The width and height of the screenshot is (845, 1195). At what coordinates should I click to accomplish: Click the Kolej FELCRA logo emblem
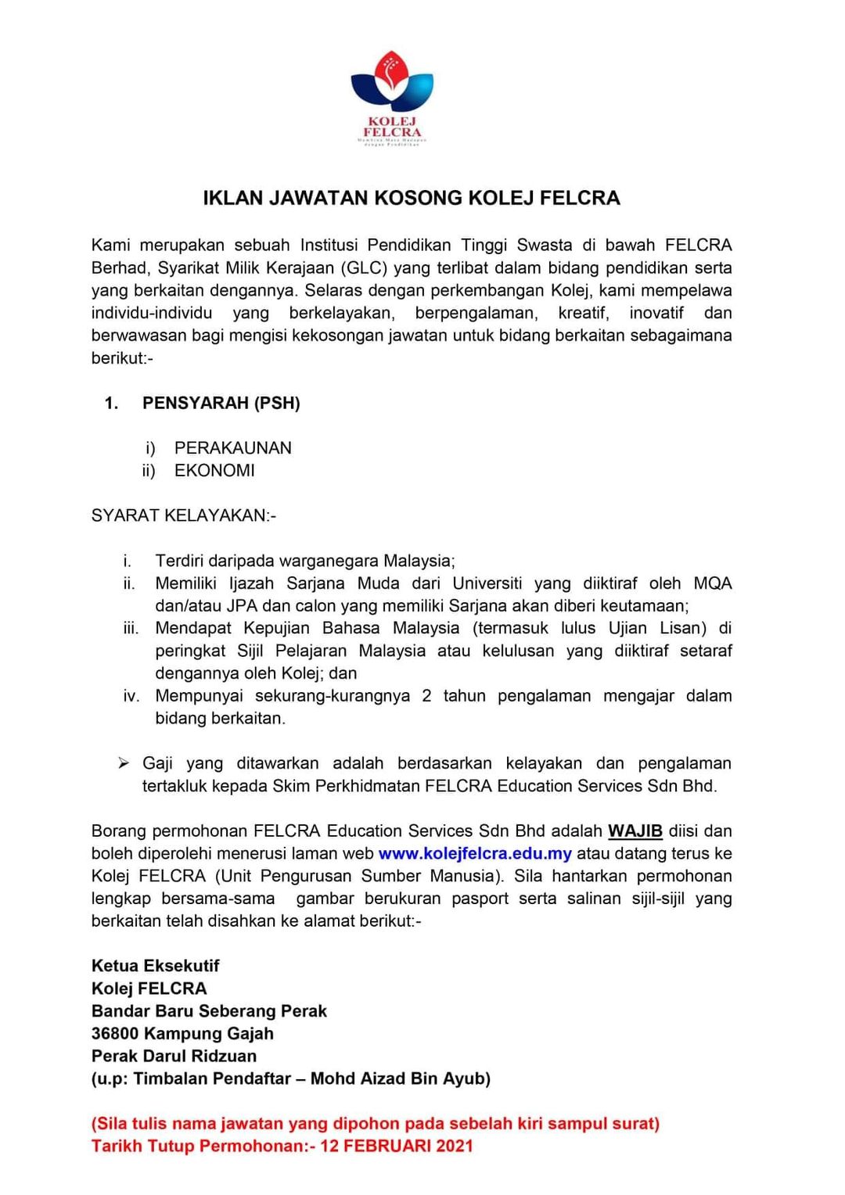click(x=392, y=83)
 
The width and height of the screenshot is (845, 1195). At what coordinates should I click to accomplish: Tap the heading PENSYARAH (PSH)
click(x=221, y=403)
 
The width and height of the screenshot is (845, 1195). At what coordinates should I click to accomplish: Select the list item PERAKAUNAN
click(x=232, y=448)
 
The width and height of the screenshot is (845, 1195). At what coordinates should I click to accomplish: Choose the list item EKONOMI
click(x=214, y=471)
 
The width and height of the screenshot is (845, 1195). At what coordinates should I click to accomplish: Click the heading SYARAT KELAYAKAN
click(x=183, y=515)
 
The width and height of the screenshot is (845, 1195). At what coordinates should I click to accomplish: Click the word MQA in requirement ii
click(x=712, y=583)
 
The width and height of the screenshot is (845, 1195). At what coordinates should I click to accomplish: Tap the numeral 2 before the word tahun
click(x=426, y=696)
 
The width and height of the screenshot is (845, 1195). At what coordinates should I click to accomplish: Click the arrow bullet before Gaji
click(x=124, y=763)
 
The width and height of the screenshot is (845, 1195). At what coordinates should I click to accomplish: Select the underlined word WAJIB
click(x=635, y=831)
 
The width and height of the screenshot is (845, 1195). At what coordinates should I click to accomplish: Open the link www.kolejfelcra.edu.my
click(x=475, y=853)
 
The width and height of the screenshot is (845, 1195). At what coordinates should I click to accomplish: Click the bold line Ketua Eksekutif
click(x=155, y=966)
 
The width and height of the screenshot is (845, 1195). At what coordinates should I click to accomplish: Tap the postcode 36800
click(x=115, y=1034)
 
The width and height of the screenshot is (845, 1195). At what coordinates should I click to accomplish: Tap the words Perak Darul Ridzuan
click(x=174, y=1056)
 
